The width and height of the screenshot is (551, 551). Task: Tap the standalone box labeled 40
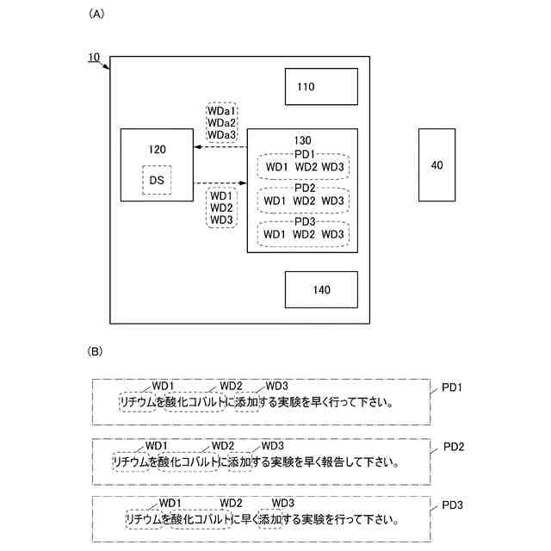coord(436,164)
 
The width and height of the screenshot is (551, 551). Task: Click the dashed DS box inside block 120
coord(157,180)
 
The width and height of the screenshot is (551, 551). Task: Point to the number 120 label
coord(157,149)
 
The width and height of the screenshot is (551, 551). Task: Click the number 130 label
coord(302,139)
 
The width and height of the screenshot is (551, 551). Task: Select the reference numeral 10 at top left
coord(95,58)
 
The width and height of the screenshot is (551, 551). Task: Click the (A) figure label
coord(96,15)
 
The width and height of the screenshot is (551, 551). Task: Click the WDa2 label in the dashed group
coord(221,123)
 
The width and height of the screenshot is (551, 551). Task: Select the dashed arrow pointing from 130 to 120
coord(220,148)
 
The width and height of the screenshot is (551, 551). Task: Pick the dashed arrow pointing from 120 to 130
coord(220,183)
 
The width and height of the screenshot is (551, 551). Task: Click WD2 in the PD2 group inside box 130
coord(305,201)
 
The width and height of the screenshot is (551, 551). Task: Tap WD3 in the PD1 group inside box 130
coord(333,167)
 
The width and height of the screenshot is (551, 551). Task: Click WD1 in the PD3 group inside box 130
coord(275,234)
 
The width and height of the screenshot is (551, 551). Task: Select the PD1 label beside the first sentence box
coord(453,387)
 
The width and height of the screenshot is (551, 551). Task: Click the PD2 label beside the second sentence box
coord(453,448)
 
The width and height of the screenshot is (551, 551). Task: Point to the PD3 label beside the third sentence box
coord(453,505)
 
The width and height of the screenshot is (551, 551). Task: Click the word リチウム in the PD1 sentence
coord(138,401)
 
